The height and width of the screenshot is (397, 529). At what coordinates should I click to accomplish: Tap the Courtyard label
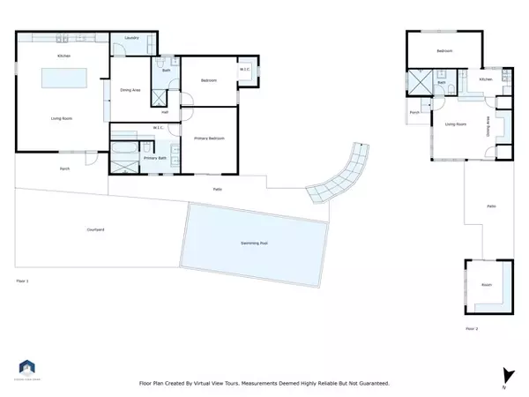pos(96,229)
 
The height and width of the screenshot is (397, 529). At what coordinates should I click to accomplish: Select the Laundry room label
pos(132,38)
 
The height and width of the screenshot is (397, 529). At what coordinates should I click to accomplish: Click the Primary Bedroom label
pos(209,139)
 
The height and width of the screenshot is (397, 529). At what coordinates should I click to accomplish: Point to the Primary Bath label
pos(154,158)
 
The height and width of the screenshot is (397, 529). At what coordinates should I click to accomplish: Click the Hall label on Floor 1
pos(165,111)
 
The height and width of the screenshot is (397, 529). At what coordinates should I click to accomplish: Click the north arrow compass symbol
pos(505,374)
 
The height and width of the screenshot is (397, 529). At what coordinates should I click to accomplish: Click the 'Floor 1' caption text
pos(23,281)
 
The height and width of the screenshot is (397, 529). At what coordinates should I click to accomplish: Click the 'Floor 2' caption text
pos(472,328)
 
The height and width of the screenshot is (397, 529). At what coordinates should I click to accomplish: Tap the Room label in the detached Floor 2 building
pos(486,285)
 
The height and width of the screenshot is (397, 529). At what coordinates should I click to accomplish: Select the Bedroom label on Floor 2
pos(444,51)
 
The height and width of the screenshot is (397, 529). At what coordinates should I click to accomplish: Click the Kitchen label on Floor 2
pos(485,80)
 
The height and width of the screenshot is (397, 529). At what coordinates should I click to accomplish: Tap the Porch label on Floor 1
pos(64,168)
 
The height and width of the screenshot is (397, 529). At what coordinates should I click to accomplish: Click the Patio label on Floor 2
pos(491,206)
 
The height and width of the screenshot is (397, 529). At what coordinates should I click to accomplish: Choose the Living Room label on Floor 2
pos(455,124)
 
